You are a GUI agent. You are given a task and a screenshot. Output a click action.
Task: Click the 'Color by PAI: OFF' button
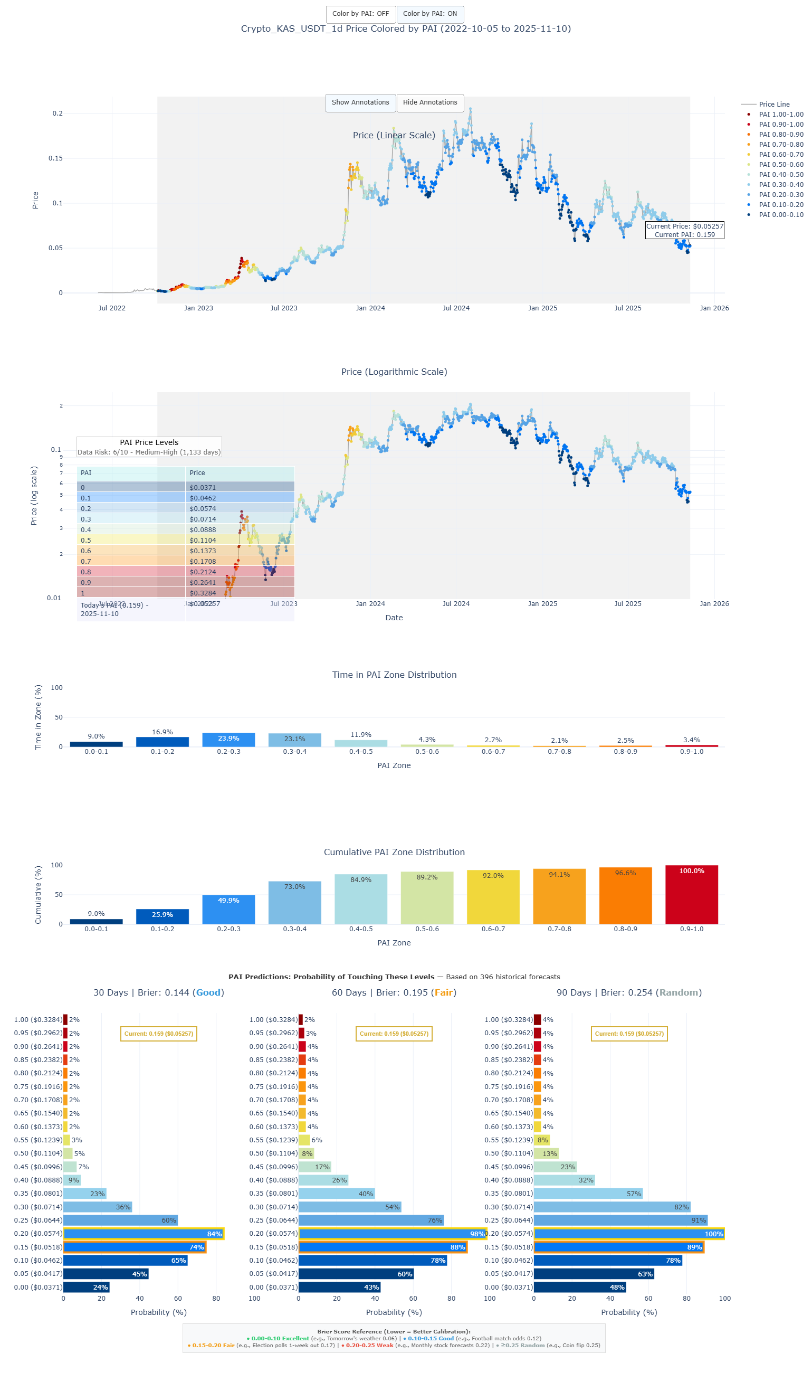(x=360, y=14)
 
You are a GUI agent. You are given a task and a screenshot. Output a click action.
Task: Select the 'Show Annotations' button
(x=360, y=102)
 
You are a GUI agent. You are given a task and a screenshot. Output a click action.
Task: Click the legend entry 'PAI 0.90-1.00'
(x=781, y=125)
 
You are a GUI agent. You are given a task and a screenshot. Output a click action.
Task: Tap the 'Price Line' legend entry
(x=773, y=104)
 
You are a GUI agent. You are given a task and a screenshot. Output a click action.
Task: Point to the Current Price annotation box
(x=684, y=230)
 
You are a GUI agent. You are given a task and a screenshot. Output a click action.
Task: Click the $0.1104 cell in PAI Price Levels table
(x=240, y=540)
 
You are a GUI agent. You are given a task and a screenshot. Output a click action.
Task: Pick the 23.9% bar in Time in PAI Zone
(x=228, y=740)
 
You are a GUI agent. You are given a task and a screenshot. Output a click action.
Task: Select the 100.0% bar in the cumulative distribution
(x=691, y=894)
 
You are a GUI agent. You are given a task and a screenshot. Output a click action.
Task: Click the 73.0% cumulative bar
(x=294, y=902)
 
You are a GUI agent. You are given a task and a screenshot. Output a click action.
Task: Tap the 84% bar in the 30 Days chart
(x=143, y=1234)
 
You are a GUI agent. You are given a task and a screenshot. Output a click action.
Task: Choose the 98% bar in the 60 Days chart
(x=392, y=1234)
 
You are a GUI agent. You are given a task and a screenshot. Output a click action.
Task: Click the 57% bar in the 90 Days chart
(x=587, y=1194)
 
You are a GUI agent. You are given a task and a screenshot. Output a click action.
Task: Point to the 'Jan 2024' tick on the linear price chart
(x=370, y=308)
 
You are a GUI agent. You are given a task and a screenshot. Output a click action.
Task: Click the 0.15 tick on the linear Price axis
(x=55, y=158)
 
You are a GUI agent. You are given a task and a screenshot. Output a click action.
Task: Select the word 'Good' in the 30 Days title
(x=208, y=992)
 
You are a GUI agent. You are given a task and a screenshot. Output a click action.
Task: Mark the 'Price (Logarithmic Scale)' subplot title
(x=394, y=372)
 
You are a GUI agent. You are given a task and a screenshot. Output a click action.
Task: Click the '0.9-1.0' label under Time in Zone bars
(x=691, y=751)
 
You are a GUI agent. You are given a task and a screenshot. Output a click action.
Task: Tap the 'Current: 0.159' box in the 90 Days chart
(x=629, y=1034)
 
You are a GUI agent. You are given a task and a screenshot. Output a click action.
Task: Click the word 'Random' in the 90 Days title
(x=679, y=992)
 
